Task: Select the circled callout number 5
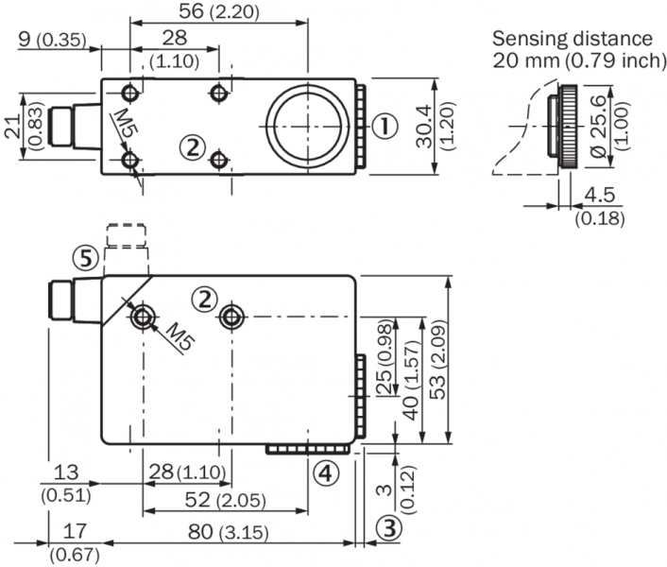[x=86, y=257]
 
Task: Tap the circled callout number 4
[x=324, y=472]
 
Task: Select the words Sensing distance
[x=573, y=39]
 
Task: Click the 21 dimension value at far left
[x=11, y=129]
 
